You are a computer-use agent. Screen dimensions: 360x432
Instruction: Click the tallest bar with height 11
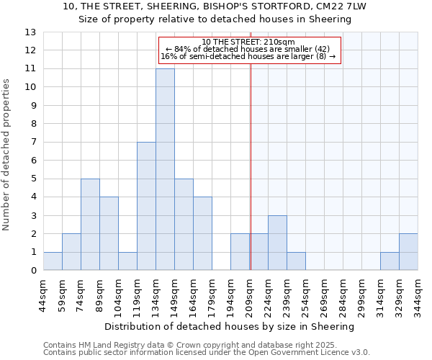[x=165, y=169]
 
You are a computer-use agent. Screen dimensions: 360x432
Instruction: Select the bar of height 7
[x=146, y=206]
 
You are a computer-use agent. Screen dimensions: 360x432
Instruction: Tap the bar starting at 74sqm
[x=90, y=225]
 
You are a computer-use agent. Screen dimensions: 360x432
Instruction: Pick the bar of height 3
[x=277, y=243]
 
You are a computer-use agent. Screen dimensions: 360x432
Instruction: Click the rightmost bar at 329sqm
[x=408, y=252]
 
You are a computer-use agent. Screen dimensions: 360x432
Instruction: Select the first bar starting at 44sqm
[x=53, y=261]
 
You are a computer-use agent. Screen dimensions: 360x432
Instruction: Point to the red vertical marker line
[x=251, y=166]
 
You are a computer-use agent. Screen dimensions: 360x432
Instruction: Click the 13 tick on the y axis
[x=31, y=32]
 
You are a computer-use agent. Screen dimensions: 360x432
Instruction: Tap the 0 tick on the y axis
[x=34, y=271]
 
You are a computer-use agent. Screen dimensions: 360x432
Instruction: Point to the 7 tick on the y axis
[x=34, y=143]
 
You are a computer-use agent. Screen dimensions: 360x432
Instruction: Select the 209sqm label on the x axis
[x=250, y=292]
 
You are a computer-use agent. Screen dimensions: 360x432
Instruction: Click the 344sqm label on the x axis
[x=418, y=292]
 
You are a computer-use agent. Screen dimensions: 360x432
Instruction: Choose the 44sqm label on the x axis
[x=44, y=292]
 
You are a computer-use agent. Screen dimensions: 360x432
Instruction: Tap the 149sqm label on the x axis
[x=175, y=292]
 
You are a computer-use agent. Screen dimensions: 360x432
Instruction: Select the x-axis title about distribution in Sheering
[x=230, y=326]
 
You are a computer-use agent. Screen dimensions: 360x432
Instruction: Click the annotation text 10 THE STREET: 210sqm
[x=248, y=42]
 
